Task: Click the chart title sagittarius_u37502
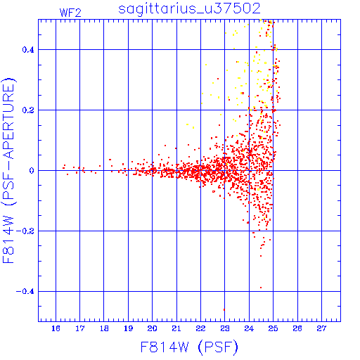(x=189, y=9)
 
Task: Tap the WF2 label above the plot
(x=70, y=13)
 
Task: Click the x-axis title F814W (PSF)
(x=189, y=347)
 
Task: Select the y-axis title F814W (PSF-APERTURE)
(x=8, y=170)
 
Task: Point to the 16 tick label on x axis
(x=56, y=328)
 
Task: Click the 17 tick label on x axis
(x=80, y=328)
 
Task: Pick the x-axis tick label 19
(x=128, y=328)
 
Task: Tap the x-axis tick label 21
(x=176, y=328)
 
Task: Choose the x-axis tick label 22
(x=200, y=328)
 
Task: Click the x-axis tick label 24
(x=249, y=328)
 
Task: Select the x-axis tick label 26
(x=297, y=328)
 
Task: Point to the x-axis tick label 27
(x=321, y=328)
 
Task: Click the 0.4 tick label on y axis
(x=28, y=50)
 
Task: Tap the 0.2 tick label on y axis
(x=28, y=110)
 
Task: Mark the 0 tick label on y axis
(x=32, y=171)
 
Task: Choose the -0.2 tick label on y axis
(x=25, y=231)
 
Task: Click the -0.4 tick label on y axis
(x=25, y=292)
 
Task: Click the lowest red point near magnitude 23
(x=224, y=309)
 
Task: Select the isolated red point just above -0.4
(x=261, y=288)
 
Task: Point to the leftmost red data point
(x=63, y=168)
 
